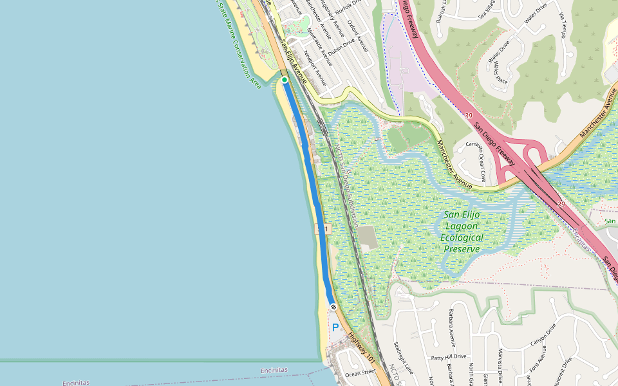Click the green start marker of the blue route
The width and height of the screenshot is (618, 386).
[285, 80]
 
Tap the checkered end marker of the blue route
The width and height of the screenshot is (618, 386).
[333, 306]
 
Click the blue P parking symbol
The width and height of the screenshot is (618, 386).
[335, 327]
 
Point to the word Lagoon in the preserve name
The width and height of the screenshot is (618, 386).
[462, 226]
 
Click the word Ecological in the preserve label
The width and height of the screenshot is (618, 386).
[462, 237]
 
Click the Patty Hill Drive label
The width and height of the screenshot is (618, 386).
[449, 356]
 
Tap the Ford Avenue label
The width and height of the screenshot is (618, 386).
[533, 361]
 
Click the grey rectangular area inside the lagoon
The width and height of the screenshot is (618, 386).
[368, 237]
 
